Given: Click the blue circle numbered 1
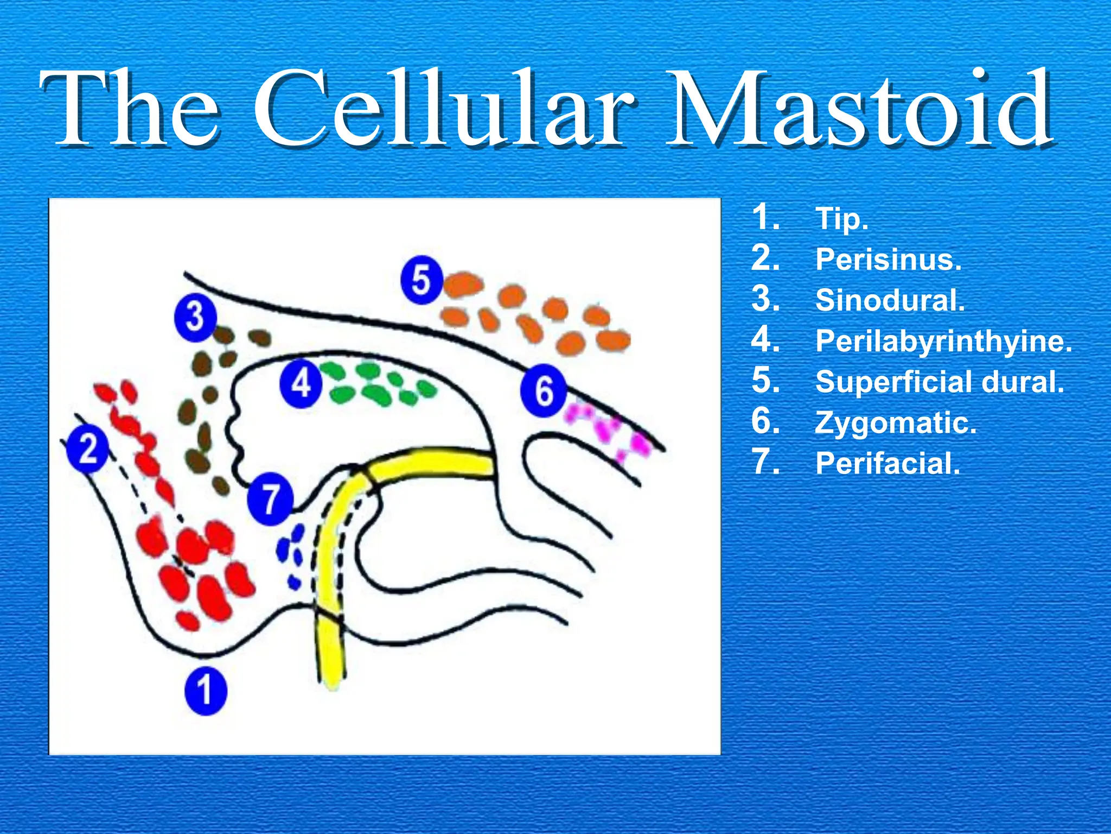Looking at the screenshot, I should click(x=205, y=690).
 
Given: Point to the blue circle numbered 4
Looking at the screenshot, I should click(x=301, y=384).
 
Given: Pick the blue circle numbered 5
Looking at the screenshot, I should click(x=422, y=280).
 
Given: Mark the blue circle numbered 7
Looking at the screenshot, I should click(x=270, y=498).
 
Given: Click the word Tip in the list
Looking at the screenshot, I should click(x=841, y=219).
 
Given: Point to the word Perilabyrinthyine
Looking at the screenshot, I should click(x=943, y=342).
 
